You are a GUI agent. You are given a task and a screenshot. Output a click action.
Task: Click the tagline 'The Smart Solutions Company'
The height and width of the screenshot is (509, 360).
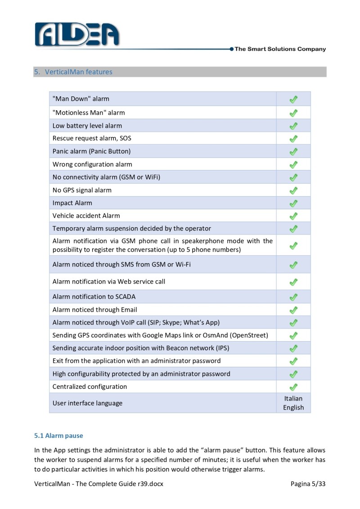[x=280, y=49]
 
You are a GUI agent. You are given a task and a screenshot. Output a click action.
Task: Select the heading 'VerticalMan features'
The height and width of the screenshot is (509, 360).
[x=79, y=72]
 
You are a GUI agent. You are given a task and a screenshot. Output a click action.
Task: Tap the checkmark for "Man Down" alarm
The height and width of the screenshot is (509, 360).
[x=293, y=99]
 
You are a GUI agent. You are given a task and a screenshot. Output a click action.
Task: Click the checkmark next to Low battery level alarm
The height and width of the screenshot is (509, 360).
[x=293, y=126]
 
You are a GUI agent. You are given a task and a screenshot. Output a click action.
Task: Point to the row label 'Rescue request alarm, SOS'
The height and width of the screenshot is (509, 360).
[x=92, y=138]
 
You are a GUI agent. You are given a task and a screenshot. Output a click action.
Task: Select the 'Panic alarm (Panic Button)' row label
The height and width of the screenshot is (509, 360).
[x=91, y=151]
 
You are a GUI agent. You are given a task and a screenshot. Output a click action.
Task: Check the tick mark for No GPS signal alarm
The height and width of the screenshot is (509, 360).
[x=293, y=190]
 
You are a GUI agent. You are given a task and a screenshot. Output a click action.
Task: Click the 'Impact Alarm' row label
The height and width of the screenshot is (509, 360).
[x=72, y=203]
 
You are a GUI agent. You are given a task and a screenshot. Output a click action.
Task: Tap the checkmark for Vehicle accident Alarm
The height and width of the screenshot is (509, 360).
[x=293, y=216]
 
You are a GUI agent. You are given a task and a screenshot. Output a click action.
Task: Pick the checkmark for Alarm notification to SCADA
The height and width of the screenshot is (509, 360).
[x=293, y=297]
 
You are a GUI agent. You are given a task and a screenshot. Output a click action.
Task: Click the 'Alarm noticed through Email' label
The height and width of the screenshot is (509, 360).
[x=94, y=310]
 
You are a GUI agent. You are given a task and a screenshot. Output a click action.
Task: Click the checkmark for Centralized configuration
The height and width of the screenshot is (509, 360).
[x=293, y=387]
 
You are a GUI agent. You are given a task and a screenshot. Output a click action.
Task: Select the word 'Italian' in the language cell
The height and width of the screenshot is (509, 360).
[x=293, y=399]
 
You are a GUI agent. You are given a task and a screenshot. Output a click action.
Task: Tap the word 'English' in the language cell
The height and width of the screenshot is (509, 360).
[x=293, y=408]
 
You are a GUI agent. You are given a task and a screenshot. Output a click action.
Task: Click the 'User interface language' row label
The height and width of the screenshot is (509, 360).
[x=87, y=403]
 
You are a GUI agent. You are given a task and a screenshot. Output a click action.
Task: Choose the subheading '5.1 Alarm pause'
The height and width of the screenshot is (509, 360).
[x=58, y=436]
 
